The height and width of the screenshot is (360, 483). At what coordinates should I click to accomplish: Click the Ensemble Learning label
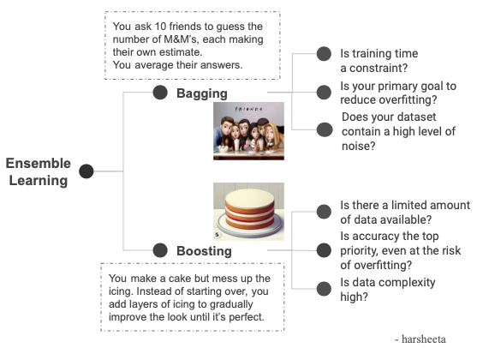coord(39,171)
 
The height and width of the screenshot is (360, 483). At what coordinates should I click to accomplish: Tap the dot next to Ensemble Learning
coord(86,171)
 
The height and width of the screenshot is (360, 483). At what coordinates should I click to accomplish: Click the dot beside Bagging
coord(159,92)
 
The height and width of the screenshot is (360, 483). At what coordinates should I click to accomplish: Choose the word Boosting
coord(204,250)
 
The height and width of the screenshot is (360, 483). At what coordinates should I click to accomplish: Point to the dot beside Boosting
coord(159,250)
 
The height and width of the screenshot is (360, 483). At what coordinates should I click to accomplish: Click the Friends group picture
coord(248,131)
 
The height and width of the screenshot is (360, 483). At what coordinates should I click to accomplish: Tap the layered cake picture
coord(248,211)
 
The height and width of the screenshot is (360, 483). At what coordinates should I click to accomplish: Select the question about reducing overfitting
coord(397,93)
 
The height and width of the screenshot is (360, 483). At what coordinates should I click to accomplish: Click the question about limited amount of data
coord(404,212)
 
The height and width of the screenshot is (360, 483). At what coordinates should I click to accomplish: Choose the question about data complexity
coord(387,289)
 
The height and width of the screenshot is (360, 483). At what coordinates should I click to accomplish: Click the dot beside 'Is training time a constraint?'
coord(324,54)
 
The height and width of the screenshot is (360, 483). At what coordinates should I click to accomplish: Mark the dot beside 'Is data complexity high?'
coord(324,289)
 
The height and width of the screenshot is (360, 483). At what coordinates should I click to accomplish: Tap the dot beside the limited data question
coord(324,212)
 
